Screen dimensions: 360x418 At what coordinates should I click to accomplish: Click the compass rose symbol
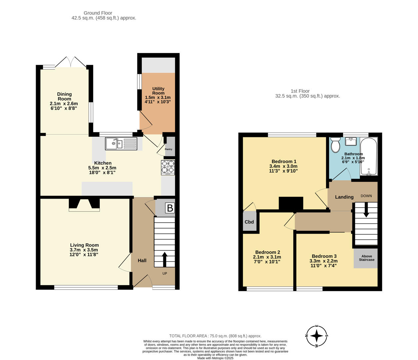[x=317, y=336]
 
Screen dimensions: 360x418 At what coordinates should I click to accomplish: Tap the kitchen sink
[x=121, y=144]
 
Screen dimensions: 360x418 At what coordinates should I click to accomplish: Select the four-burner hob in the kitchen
[x=168, y=167]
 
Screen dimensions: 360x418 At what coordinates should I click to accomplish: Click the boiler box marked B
[x=170, y=208]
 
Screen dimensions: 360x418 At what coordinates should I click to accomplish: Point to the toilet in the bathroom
[x=335, y=145]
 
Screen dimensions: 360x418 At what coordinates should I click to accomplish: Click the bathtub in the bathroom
[x=369, y=157]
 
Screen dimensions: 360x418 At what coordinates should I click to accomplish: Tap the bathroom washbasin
[x=351, y=142]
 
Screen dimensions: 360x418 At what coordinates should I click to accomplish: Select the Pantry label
[x=169, y=149]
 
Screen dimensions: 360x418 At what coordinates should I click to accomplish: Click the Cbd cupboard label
[x=249, y=222]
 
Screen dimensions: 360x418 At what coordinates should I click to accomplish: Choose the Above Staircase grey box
[x=366, y=258]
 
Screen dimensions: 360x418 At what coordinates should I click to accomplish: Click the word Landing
[x=344, y=197]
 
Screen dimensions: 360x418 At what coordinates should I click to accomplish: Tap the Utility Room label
[x=158, y=91]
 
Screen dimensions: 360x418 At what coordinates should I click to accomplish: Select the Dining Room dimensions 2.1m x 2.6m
[x=64, y=104]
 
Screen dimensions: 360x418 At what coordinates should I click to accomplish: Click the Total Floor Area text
[x=215, y=336]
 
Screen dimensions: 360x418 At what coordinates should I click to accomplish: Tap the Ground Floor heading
[x=98, y=13]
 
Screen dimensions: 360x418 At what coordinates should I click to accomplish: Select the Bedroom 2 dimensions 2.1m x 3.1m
[x=267, y=257]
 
